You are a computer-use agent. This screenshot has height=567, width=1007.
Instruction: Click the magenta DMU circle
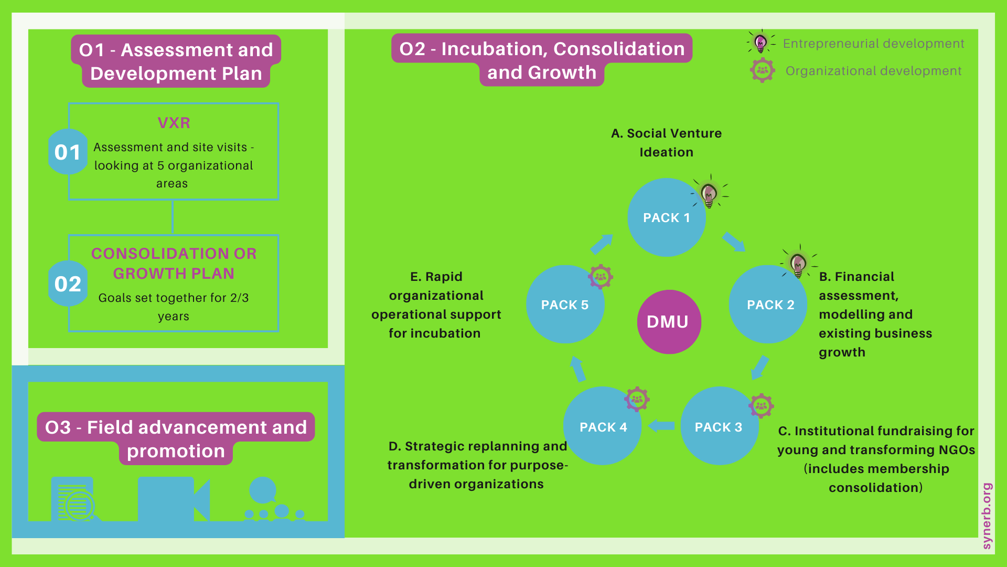pyautogui.click(x=669, y=322)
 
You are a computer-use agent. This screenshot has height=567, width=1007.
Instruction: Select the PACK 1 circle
pyautogui.click(x=667, y=217)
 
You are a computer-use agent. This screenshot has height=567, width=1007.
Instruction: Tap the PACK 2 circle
pyautogui.click(x=768, y=304)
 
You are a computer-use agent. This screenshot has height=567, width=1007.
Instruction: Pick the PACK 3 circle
pyautogui.click(x=720, y=426)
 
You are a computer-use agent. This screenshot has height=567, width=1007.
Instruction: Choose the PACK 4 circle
pyautogui.click(x=603, y=426)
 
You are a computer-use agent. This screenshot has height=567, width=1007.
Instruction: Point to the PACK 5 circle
pyautogui.click(x=565, y=304)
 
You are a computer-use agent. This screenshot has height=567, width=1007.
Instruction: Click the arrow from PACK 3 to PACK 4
pyautogui.click(x=661, y=426)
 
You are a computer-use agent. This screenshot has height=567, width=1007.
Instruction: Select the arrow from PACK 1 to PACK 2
pyautogui.click(x=734, y=242)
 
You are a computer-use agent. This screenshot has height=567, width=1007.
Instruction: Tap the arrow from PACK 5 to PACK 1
pyautogui.click(x=602, y=244)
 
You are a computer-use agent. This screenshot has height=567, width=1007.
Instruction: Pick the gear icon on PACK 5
pyautogui.click(x=601, y=277)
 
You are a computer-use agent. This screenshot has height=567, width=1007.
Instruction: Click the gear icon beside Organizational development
pyautogui.click(x=763, y=70)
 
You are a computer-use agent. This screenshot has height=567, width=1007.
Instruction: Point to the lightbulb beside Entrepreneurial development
pyautogui.click(x=761, y=42)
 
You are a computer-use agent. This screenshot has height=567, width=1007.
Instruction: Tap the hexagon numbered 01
pyautogui.click(x=68, y=152)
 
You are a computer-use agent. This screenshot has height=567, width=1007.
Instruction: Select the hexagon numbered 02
pyautogui.click(x=68, y=283)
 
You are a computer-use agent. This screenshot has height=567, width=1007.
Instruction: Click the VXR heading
pyautogui.click(x=174, y=123)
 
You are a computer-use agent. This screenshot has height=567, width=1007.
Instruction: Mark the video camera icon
pyautogui.click(x=174, y=499)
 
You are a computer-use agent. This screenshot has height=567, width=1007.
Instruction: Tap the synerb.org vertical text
pyautogui.click(x=987, y=516)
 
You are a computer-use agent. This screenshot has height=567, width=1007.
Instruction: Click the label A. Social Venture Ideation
pyautogui.click(x=667, y=143)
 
